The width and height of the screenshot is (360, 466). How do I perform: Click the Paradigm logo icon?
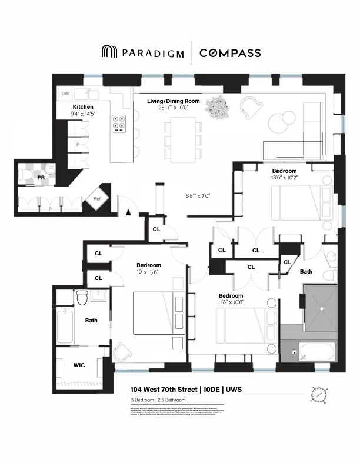click(x=109, y=52)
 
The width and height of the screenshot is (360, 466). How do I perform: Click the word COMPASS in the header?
click(x=230, y=53)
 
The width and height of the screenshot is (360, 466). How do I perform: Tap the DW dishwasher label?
click(x=66, y=93)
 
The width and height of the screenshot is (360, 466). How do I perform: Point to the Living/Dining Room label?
click(x=173, y=101)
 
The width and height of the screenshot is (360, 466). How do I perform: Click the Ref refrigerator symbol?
click(x=98, y=199)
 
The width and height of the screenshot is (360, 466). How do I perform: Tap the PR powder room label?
click(x=41, y=176)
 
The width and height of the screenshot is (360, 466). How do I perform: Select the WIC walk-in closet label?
click(x=79, y=365)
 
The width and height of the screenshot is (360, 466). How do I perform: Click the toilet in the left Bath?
click(x=82, y=297)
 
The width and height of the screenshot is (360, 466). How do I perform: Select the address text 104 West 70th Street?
click(x=164, y=390)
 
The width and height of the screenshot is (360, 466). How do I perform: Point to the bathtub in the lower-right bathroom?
click(x=316, y=352)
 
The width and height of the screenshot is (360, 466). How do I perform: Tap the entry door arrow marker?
click(x=126, y=213)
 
